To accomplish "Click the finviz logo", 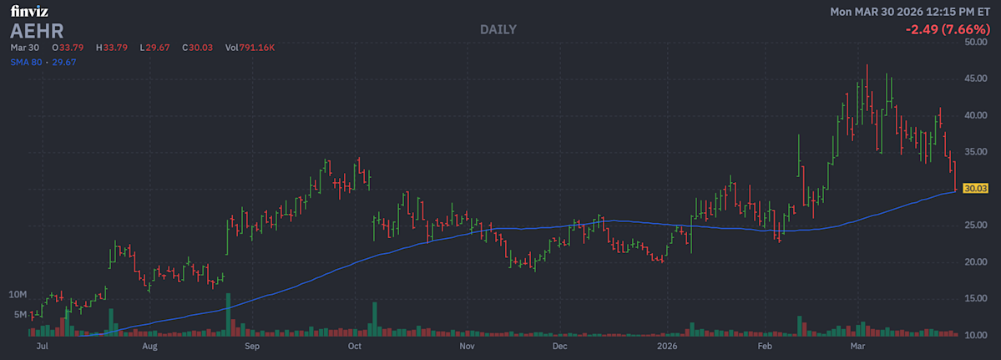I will coord(29,12).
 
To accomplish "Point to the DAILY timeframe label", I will coord(498,29).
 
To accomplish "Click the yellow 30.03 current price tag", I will coord(975,189).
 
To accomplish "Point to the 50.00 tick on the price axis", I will coord(976,42).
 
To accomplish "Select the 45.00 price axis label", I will coord(976,79).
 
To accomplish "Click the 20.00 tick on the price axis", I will coord(976,262).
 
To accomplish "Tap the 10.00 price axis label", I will coord(976,336).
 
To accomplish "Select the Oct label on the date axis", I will coord(354,345).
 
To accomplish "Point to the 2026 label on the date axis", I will coord(667,345).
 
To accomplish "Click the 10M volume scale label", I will coord(18,296).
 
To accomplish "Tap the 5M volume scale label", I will coord(21,315).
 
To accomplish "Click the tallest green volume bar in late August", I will coord(227,314).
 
